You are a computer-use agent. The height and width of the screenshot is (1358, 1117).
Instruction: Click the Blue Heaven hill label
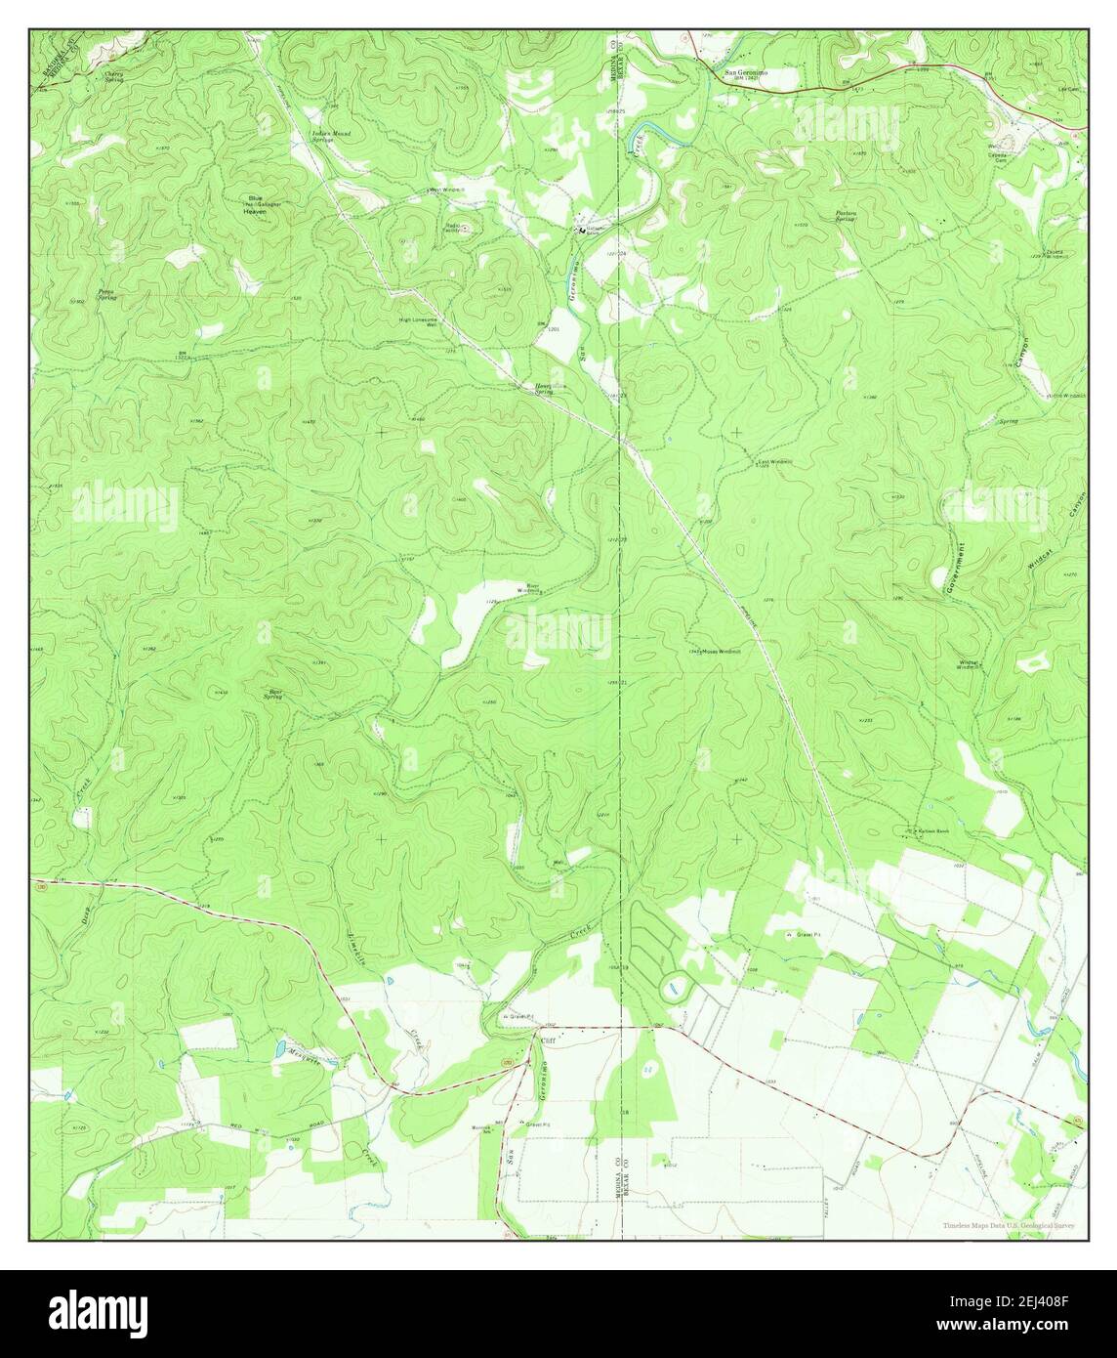coord(256,204)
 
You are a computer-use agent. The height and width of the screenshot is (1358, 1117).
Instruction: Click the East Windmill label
coord(776,463)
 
